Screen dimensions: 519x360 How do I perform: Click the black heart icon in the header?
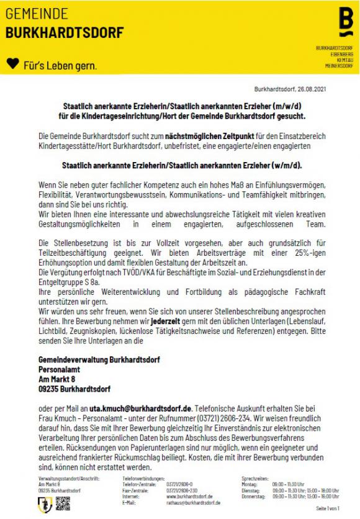[12, 65]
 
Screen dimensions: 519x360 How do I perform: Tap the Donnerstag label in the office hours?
[253, 496]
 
